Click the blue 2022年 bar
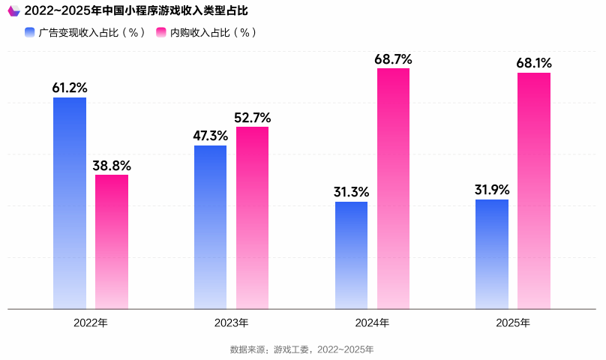click(x=70, y=202)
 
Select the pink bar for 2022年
click(x=112, y=241)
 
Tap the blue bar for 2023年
click(x=210, y=226)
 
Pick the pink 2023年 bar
click(x=252, y=217)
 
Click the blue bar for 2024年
click(x=351, y=255)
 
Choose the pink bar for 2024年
click(x=393, y=188)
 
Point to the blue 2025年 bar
click(x=492, y=253)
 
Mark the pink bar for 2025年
click(x=534, y=190)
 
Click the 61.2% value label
click(x=70, y=88)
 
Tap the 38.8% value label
click(x=112, y=165)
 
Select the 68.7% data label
click(x=393, y=58)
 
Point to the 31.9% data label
click(x=492, y=189)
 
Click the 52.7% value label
click(x=252, y=117)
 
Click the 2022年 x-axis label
click(x=91, y=323)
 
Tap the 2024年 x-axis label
click(x=372, y=323)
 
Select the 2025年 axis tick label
click(x=513, y=323)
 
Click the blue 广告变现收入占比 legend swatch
click(x=29, y=33)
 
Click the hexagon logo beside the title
click(x=13, y=11)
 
